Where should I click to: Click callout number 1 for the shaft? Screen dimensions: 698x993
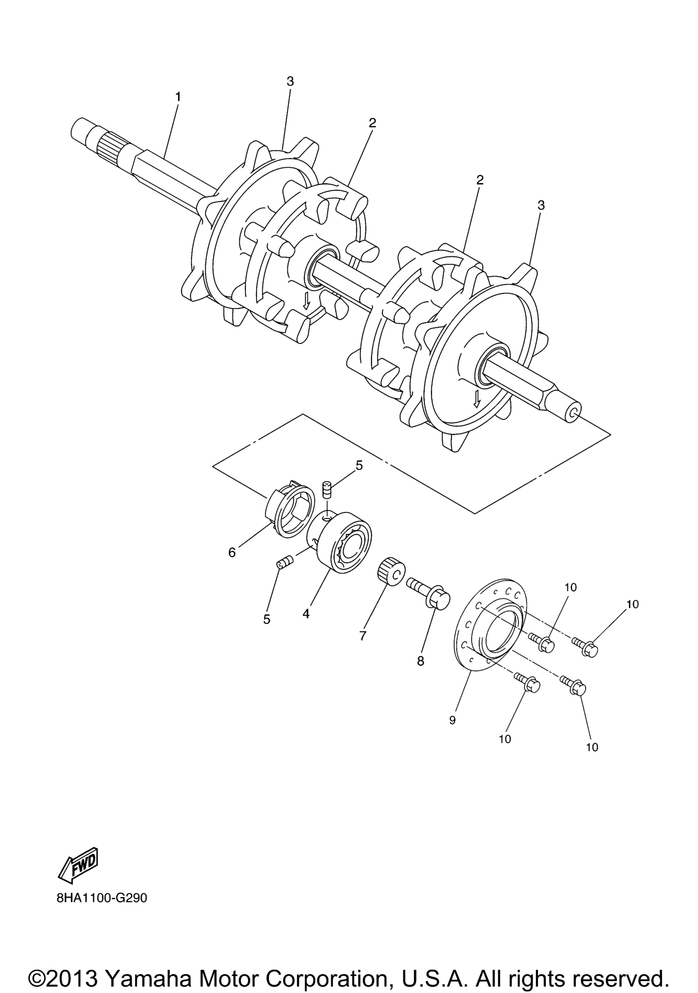[178, 96]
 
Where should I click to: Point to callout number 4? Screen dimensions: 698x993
[306, 614]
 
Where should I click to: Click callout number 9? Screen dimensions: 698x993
[453, 720]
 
